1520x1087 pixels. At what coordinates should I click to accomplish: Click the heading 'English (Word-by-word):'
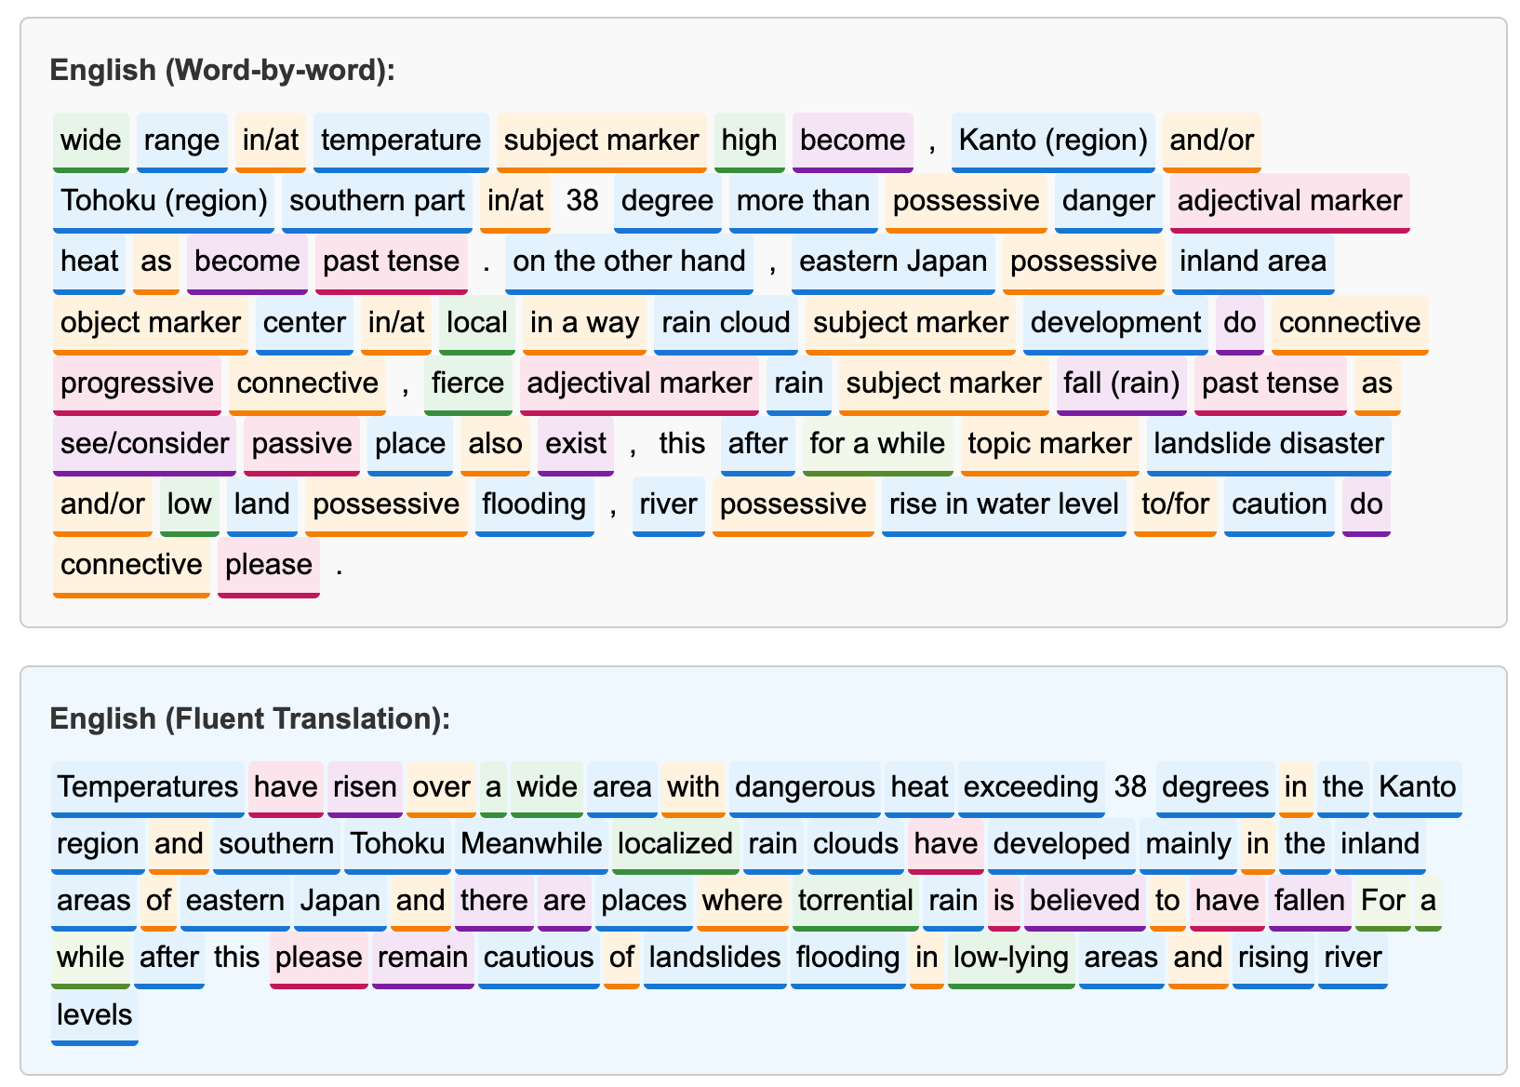click(222, 70)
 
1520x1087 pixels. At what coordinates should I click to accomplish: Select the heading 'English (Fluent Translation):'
click(249, 718)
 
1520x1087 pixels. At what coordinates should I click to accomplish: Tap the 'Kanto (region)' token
click(1052, 141)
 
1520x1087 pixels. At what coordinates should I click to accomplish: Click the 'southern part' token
click(377, 202)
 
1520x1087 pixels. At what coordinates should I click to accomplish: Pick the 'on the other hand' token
click(628, 262)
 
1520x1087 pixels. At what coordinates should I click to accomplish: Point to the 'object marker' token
click(150, 324)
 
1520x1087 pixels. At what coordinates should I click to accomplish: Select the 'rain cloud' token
click(726, 324)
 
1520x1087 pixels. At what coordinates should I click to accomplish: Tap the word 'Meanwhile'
click(531, 845)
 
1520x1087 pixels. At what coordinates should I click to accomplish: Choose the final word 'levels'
click(94, 1016)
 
